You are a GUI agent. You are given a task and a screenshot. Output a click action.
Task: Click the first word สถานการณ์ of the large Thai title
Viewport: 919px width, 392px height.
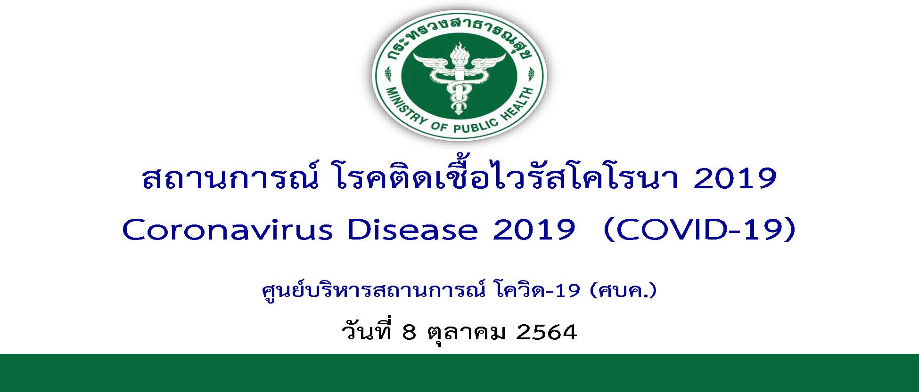click(x=228, y=177)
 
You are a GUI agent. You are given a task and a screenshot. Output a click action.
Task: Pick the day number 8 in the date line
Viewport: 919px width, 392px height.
click(x=409, y=333)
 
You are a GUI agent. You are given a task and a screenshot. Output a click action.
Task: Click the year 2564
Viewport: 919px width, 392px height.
click(x=547, y=333)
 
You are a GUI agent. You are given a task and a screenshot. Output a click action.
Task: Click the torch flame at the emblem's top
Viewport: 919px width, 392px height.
click(x=459, y=50)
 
